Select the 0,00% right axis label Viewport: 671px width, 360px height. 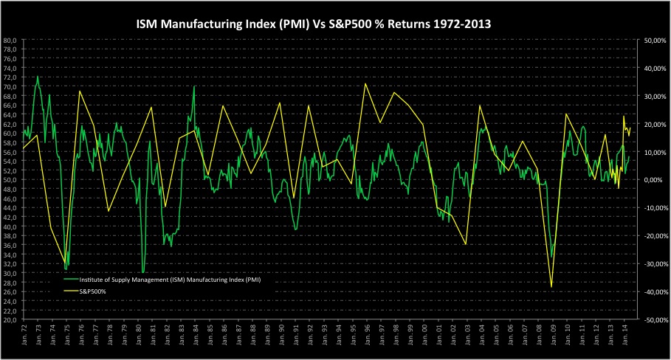click(654, 180)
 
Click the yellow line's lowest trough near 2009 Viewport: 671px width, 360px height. click(551, 286)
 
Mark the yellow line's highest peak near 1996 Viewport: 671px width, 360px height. click(365, 83)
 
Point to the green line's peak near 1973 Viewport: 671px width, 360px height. click(38, 76)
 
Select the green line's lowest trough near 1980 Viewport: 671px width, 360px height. click(143, 272)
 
